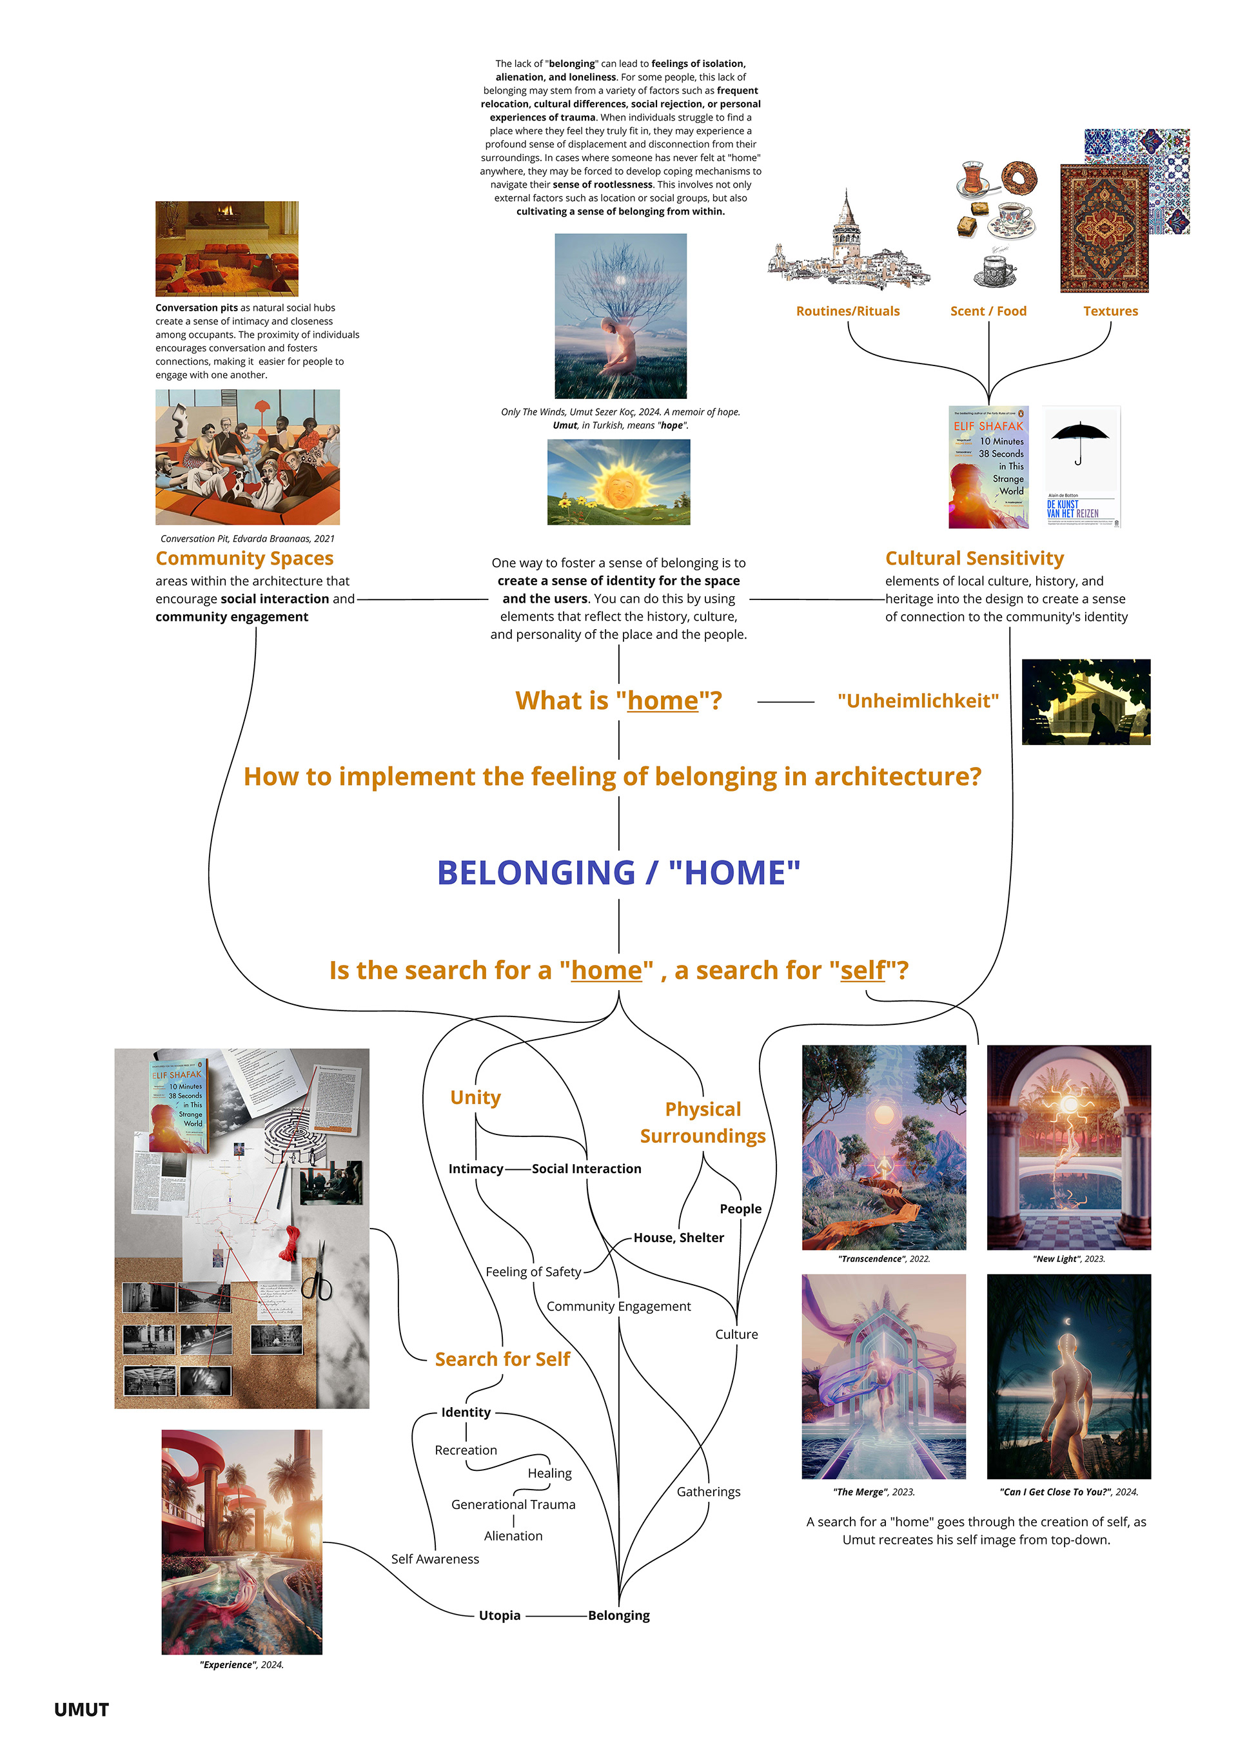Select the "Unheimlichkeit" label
tap(917, 701)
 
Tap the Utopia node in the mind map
tap(499, 1615)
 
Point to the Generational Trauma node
tap(513, 1504)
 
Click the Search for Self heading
tap(502, 1359)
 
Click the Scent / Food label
tap(988, 311)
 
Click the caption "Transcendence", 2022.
tap(883, 1258)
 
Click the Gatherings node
tap(708, 1492)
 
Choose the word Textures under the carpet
tap(1110, 311)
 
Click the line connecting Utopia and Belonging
tap(555, 1615)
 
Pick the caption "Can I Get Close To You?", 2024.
tap(1068, 1492)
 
